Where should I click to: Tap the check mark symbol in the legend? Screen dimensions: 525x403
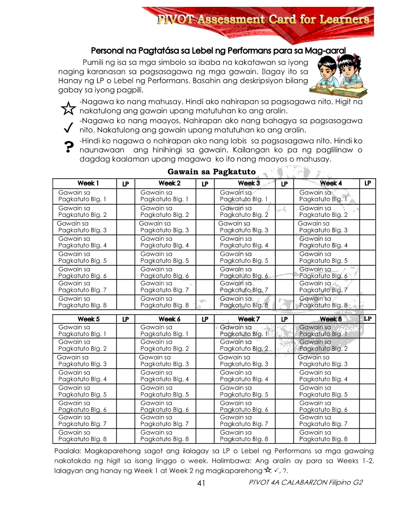pyautogui.click(x=68, y=128)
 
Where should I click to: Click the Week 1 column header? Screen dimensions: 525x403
pyautogui.click(x=88, y=183)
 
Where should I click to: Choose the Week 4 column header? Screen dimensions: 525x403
pyautogui.click(x=331, y=183)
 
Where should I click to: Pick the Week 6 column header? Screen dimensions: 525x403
pyautogui.click(x=170, y=319)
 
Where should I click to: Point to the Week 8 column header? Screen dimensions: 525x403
pyautogui.click(x=331, y=319)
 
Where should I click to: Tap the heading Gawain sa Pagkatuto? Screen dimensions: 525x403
pyautogui.click(x=212, y=171)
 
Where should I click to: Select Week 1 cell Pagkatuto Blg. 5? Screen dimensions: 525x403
pyautogui.click(x=82, y=257)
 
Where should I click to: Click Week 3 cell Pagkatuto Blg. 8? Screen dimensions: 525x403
pyautogui.click(x=244, y=302)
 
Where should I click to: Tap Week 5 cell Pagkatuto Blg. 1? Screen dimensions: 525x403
pyautogui.click(x=82, y=331)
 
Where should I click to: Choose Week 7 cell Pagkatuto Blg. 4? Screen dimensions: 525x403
pyautogui.click(x=244, y=376)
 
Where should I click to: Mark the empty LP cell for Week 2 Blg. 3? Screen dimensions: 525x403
pyautogui.click(x=205, y=227)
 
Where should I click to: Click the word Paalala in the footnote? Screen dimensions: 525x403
pyautogui.click(x=66, y=451)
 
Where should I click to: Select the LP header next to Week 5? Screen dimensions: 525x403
pyautogui.click(x=126, y=319)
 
